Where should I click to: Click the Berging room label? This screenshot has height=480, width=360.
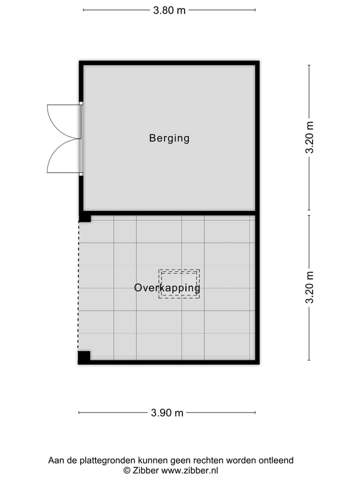coord(169,138)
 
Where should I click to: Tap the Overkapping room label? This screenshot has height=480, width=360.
coord(167,288)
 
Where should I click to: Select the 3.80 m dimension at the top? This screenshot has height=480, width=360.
coord(169,10)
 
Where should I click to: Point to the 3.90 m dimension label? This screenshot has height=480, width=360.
coord(167,413)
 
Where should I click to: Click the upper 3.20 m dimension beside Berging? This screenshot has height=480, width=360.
coord(310,137)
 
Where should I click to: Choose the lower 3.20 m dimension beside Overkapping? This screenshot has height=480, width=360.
coord(310,287)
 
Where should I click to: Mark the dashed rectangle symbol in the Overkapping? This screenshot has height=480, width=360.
coord(179,283)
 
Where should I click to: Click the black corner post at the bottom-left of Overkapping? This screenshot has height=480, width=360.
coord(84,357)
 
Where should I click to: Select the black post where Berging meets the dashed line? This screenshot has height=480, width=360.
coord(85,217)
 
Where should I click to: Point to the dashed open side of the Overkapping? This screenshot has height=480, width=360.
coord(78,285)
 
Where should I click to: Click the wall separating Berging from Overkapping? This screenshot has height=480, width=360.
coord(170,213)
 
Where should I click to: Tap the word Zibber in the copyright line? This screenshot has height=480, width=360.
coord(145,470)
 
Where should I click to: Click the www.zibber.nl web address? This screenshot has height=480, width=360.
coord(189,470)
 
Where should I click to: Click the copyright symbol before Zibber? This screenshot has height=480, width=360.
coord(127,470)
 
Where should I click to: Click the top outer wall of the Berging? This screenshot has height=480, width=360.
coord(169,63)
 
